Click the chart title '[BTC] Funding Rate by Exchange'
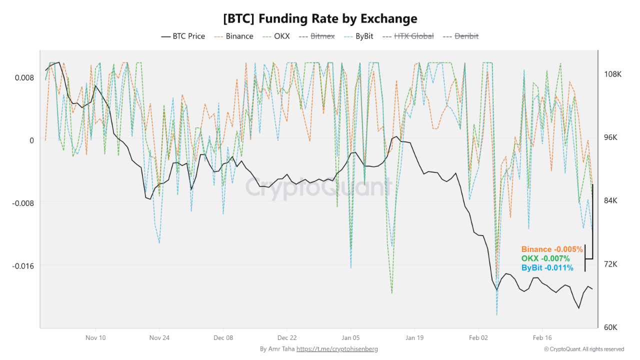[x=320, y=18]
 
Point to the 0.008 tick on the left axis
[x=24, y=77]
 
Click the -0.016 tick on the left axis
[x=23, y=265]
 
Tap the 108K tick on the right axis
[x=612, y=74]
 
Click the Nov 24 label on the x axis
[x=159, y=337]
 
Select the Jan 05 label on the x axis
[x=351, y=337]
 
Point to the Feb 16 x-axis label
[x=542, y=337]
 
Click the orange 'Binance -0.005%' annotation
[x=552, y=249]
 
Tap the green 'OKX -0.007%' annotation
[x=545, y=258]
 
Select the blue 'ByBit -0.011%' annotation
[x=547, y=268]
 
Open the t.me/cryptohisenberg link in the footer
[x=337, y=349]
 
